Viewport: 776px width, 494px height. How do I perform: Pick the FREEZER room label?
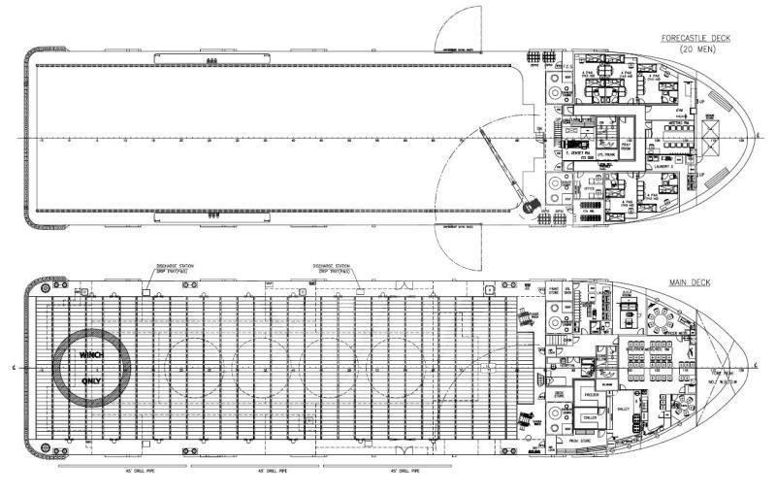point(594,396)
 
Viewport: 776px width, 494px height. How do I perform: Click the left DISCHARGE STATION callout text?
point(174,266)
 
